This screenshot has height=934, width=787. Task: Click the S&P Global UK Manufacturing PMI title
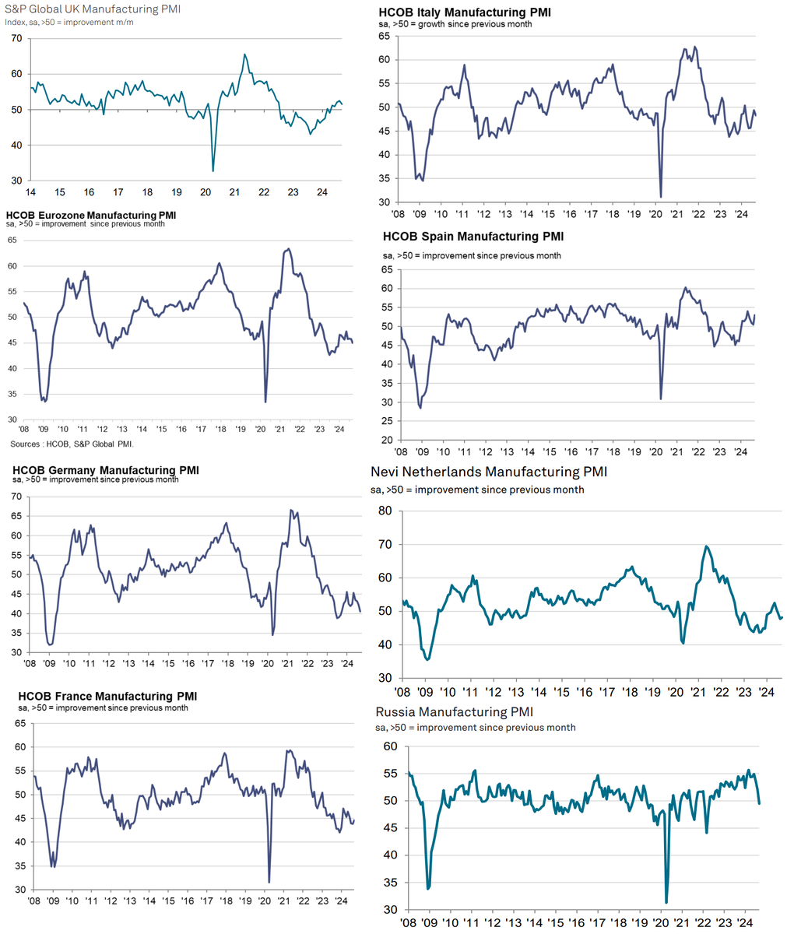(92, 9)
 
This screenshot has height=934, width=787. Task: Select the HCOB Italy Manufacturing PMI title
(465, 13)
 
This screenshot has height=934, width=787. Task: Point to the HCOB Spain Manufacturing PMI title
(473, 236)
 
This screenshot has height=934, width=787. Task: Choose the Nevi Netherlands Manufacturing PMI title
(489, 472)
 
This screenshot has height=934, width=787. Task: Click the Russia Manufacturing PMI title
(455, 711)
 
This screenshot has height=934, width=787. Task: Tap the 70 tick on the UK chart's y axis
(16, 38)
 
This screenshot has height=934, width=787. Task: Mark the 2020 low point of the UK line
(213, 170)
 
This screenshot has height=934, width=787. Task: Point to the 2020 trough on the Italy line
(660, 197)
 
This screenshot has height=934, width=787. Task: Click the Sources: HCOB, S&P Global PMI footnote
(72, 444)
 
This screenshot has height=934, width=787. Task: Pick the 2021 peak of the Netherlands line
(706, 546)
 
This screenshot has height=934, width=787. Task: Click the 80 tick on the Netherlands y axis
(384, 511)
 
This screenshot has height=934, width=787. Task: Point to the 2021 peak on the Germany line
(290, 510)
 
